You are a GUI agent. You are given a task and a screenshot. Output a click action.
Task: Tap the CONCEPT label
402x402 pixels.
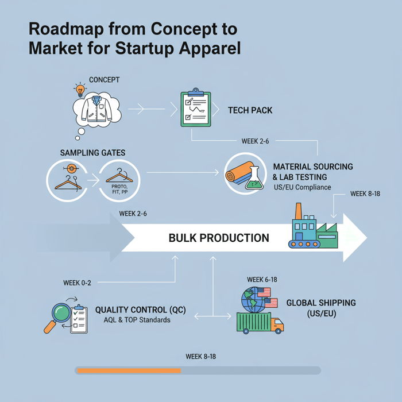coord(104,80)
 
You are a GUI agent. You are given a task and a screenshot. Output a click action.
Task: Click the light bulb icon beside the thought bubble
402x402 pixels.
coord(79,90)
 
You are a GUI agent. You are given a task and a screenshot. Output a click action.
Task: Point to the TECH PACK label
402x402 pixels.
coord(250,109)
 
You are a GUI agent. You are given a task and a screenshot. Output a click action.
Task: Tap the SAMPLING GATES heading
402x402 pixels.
coord(92,153)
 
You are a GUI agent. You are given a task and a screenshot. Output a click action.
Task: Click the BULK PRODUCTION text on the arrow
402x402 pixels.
coord(218,238)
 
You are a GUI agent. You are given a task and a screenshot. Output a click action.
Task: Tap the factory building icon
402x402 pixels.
coord(314,227)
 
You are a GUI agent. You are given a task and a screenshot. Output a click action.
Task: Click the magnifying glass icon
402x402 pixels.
coord(57,315)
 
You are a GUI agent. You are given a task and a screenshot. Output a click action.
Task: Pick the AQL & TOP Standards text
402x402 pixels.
coord(137,320)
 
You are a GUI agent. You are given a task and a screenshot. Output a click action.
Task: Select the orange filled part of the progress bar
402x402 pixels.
coord(129,370)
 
